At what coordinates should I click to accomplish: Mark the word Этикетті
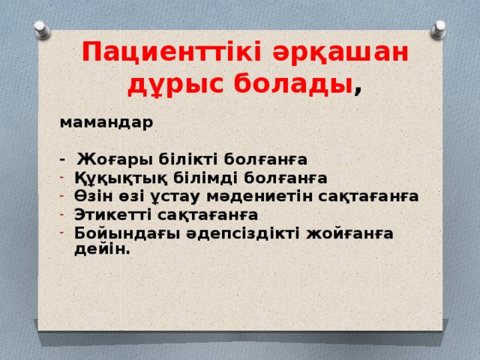[x=112, y=214]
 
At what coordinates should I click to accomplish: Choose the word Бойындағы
[x=117, y=232]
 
